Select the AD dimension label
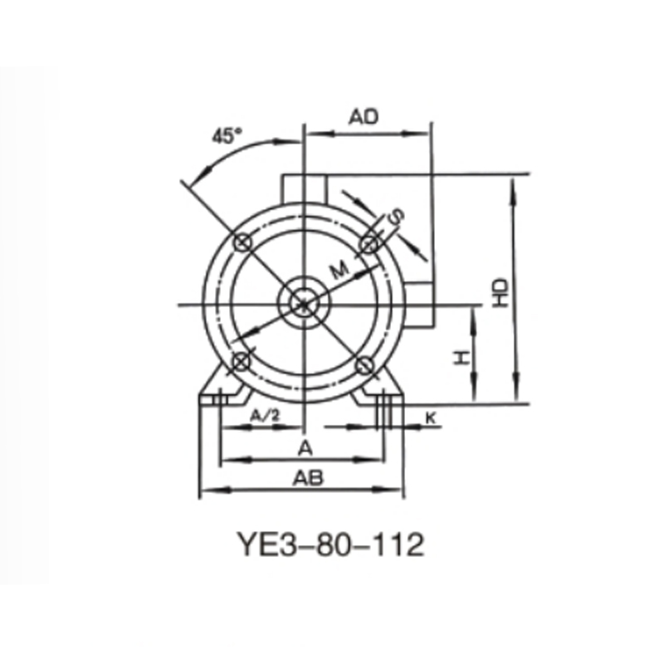coord(364,117)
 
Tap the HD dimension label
coord(499,292)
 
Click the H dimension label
coord(461,357)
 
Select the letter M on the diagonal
coord(337,269)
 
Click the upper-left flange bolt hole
coord(242,242)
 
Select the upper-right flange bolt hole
coord(369,242)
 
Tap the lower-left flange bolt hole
coord(242,362)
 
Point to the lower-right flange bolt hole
coord(365,364)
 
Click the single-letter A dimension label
coord(305,448)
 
